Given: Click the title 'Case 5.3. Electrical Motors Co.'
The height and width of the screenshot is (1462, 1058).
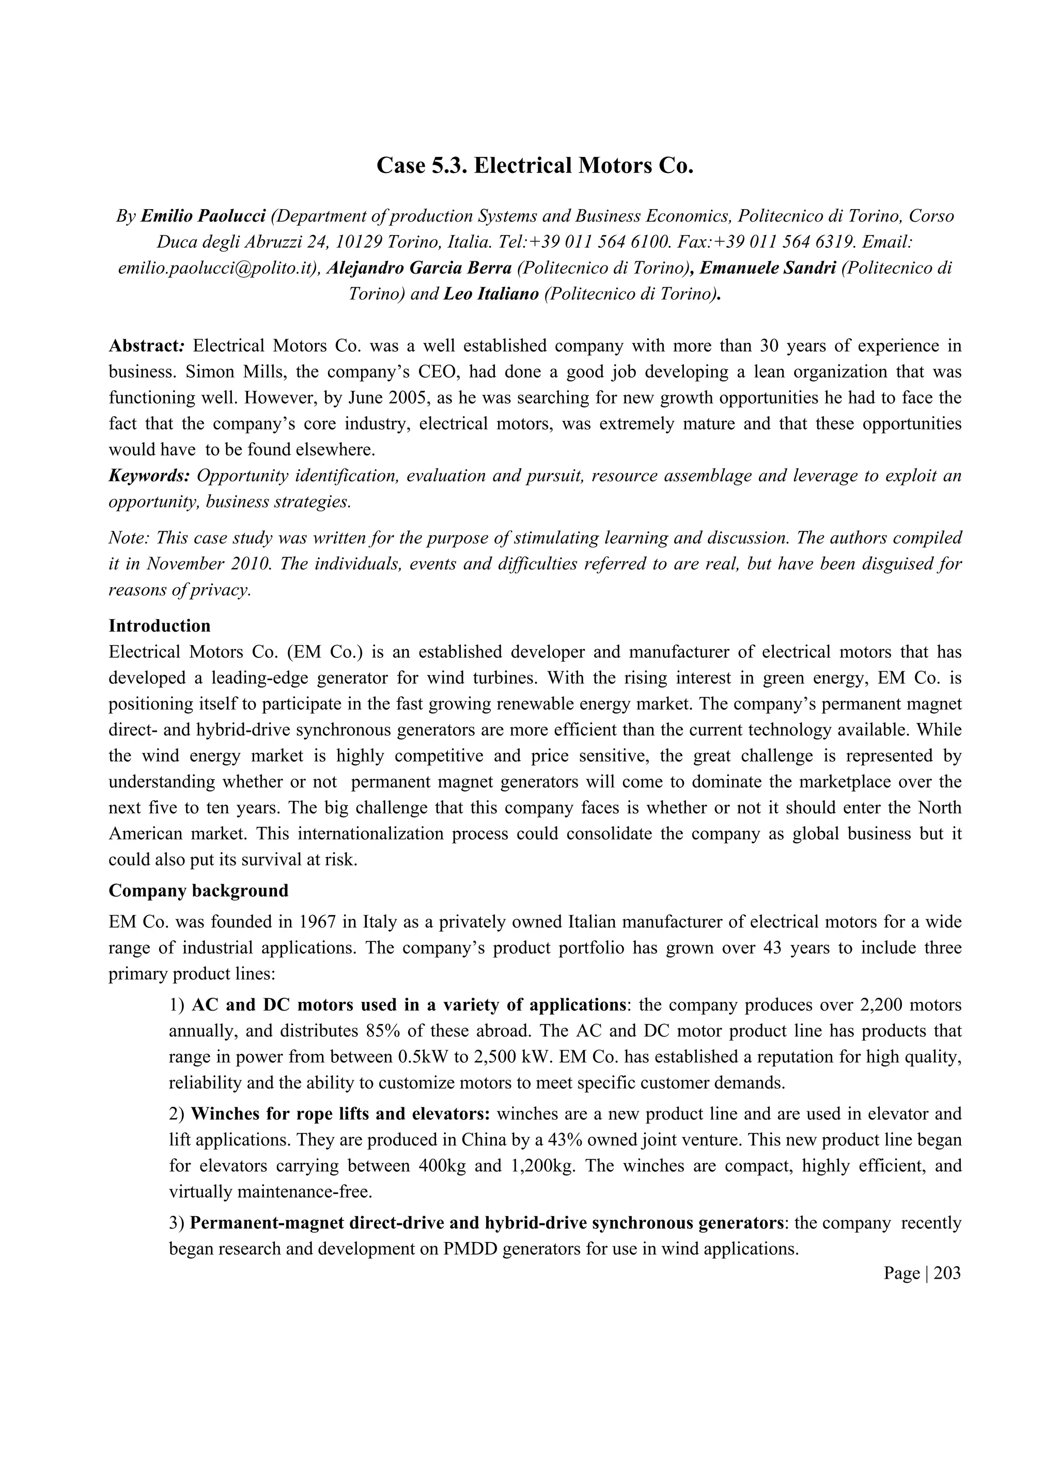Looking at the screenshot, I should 535,166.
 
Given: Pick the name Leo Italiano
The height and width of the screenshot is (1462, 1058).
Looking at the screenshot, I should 491,294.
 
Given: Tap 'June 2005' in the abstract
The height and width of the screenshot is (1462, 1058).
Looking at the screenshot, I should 392,398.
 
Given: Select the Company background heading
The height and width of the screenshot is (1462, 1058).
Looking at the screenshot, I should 198,891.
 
